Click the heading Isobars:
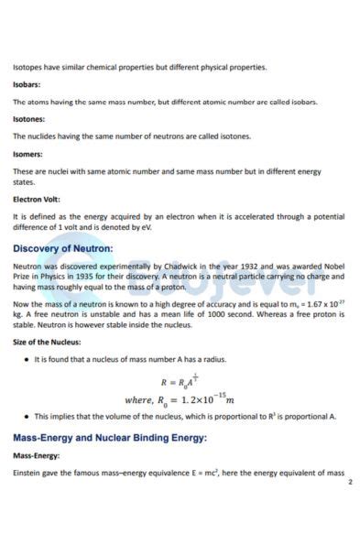[x=27, y=84]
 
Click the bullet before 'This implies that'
[x=26, y=416]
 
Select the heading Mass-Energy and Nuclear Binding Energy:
[x=110, y=438]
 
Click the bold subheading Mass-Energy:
[x=36, y=455]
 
